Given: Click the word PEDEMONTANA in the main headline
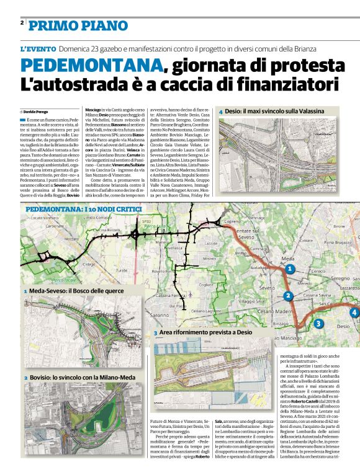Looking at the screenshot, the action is coord(91,66).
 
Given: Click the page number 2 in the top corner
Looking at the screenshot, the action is coord(22,23).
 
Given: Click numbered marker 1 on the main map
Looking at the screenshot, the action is coord(289,269).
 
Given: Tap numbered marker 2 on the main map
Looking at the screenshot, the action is coord(288,296).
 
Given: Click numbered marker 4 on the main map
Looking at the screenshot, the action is coord(354,312).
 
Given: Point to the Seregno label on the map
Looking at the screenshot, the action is coord(340,278).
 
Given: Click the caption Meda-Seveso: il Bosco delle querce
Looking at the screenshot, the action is coord(77,290).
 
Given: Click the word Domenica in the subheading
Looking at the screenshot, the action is coord(77,49).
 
